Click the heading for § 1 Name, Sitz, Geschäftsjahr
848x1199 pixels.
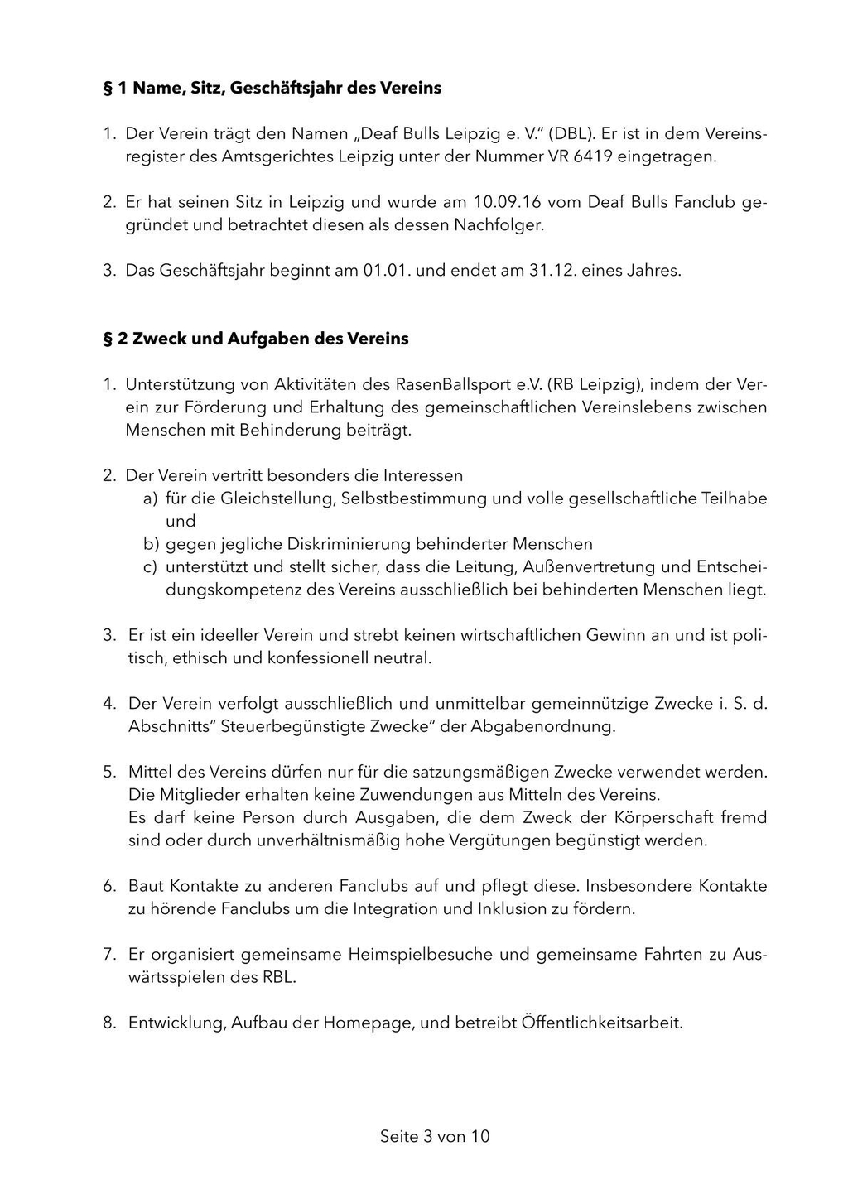(272, 88)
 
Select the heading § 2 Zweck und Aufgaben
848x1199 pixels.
(255, 339)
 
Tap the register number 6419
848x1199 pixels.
(593, 156)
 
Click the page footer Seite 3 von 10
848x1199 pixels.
(435, 1137)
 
